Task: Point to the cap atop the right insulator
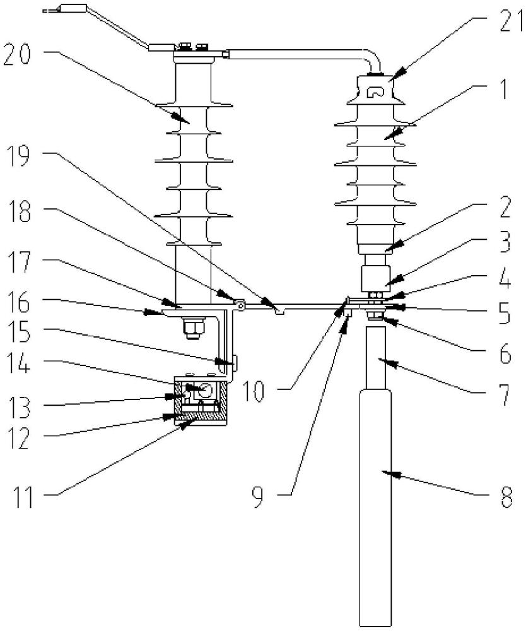click(x=376, y=88)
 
